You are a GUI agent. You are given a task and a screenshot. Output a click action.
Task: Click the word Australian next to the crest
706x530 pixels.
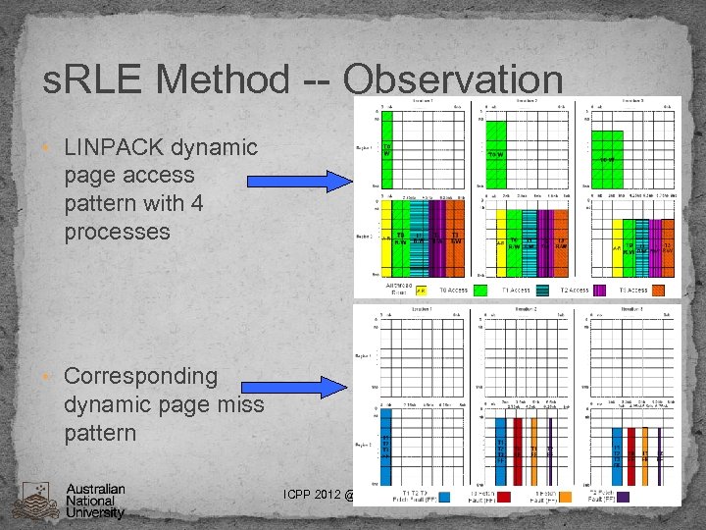pyautogui.click(x=95, y=489)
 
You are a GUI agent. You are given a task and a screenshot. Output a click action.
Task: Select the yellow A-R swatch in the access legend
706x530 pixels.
pyautogui.click(x=420, y=291)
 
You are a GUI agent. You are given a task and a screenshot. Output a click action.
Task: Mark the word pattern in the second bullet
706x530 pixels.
pyautogui.click(x=99, y=432)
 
